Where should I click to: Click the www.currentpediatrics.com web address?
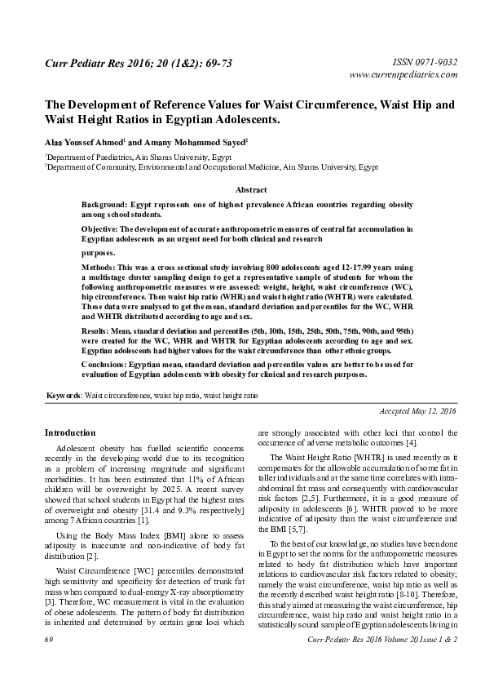(x=403, y=74)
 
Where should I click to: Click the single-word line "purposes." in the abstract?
(x=99, y=253)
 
